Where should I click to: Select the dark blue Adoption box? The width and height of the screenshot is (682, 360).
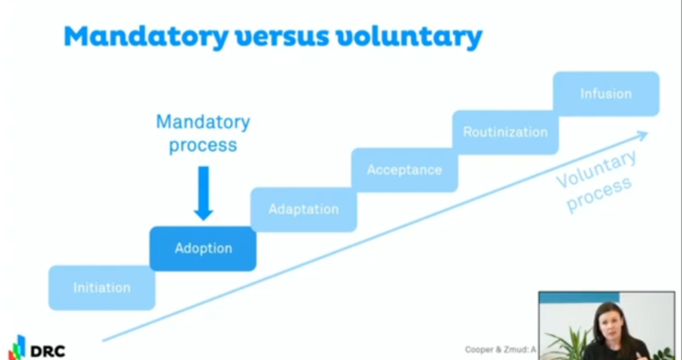[x=203, y=249]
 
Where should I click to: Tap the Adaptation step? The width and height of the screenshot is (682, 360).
[x=303, y=209]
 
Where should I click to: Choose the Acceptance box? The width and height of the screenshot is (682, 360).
[x=404, y=171]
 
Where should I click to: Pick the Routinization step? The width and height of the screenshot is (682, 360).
[x=505, y=133]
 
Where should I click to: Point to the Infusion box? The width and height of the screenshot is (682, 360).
[x=605, y=94]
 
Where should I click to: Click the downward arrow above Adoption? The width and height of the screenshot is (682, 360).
[x=203, y=193]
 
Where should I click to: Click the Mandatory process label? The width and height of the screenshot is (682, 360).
[x=203, y=134]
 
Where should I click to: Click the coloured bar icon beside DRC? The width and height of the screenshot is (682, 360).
[x=17, y=347]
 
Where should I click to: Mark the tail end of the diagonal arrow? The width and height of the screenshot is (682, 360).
[x=103, y=339]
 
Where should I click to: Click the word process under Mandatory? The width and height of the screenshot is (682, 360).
[x=203, y=146]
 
